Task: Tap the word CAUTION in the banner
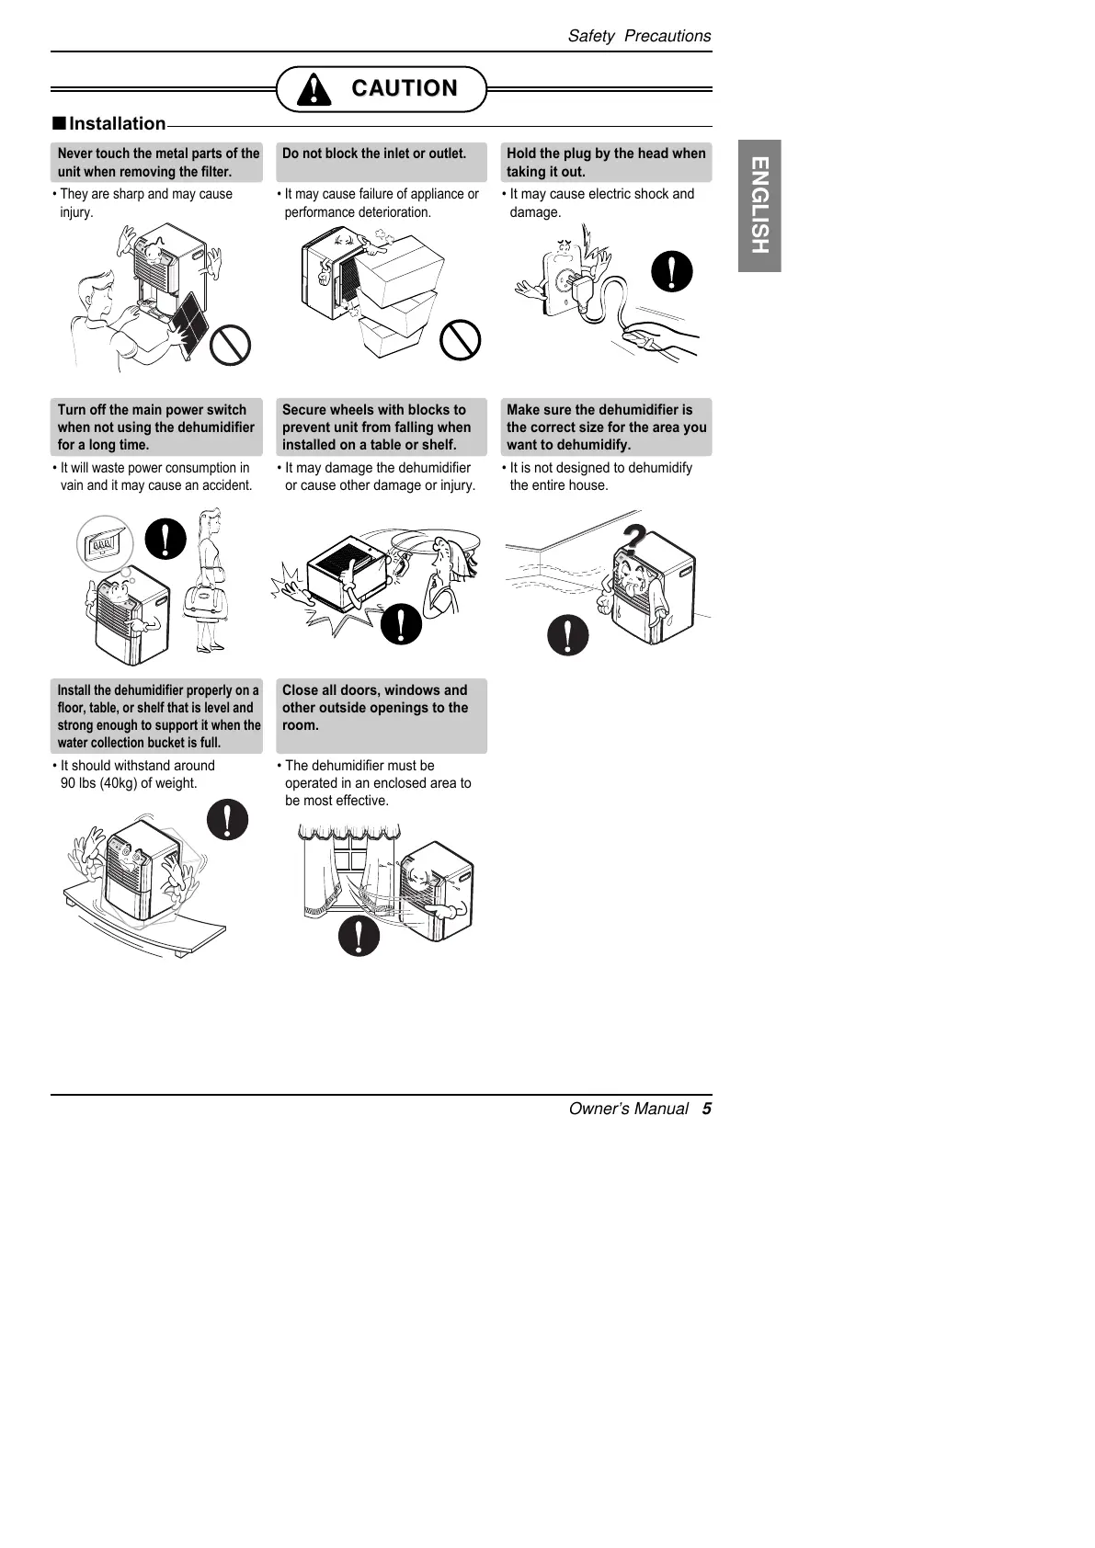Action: [404, 88]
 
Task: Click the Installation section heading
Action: [117, 124]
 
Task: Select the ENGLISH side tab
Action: [759, 205]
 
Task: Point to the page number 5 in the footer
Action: [707, 1109]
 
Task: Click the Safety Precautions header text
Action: [639, 36]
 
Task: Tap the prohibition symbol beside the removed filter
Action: [230, 346]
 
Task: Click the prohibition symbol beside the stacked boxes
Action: [460, 340]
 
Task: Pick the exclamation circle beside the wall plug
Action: [672, 271]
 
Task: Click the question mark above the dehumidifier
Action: [633, 537]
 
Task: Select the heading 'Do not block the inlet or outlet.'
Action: [374, 154]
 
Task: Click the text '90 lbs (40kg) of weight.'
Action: [129, 783]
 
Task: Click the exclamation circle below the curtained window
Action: [359, 936]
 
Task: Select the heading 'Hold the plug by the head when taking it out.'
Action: [606, 163]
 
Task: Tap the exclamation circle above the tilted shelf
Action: [227, 819]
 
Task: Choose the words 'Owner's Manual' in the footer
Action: [629, 1109]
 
